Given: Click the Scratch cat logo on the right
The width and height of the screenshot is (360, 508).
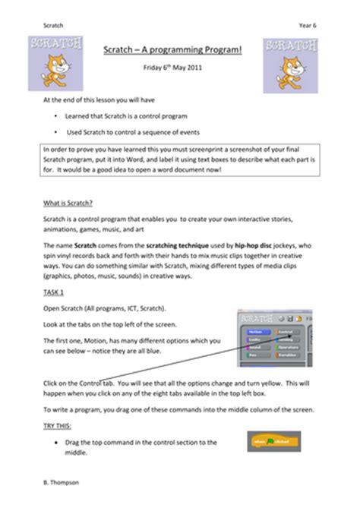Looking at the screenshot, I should (291, 62).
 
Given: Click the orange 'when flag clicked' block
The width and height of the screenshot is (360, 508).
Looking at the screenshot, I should (269, 441).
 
